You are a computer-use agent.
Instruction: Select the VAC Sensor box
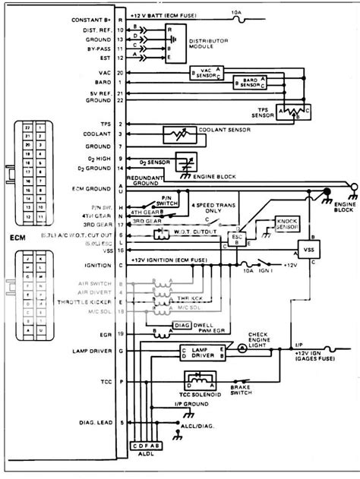(203, 73)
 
